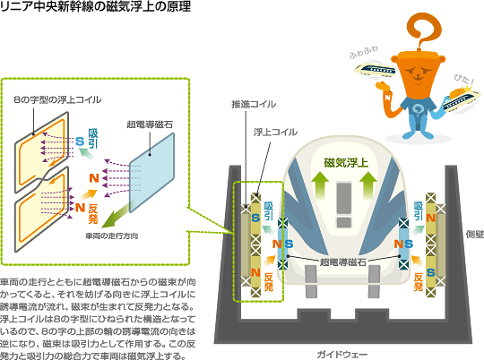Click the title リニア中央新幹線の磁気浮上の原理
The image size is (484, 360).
coord(95,6)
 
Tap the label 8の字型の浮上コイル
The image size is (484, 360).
coord(57,99)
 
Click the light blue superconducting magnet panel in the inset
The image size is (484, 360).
coord(151,173)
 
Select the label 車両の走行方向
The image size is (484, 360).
coord(112,236)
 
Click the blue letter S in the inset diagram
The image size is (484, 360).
coord(80,141)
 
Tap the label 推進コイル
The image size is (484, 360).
coord(254,104)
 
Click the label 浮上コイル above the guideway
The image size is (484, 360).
coord(275,132)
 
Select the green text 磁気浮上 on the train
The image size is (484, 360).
coord(346,163)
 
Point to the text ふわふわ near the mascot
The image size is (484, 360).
coord(364,53)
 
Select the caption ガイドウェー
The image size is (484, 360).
coord(342,355)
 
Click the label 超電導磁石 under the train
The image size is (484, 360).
coord(342,262)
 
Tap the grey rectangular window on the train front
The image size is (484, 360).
coord(344,198)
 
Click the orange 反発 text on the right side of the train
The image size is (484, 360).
coord(419,282)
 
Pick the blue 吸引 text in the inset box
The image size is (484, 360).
coord(93,139)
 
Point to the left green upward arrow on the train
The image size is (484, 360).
coord(321,185)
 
